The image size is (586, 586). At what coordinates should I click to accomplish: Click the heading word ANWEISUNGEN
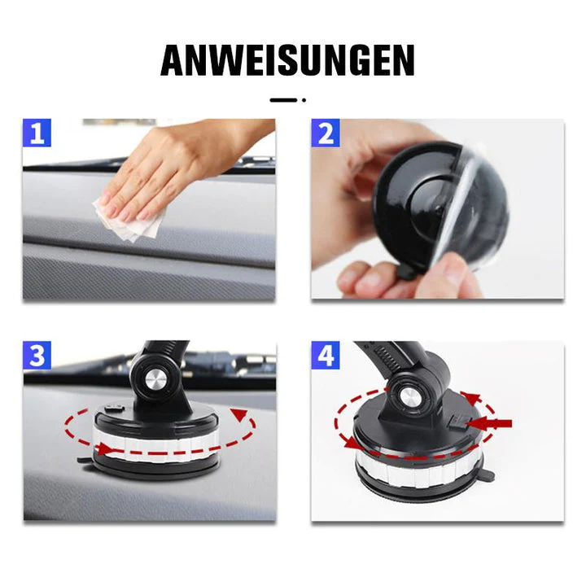(287, 60)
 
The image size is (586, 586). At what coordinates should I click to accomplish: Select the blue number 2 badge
(326, 133)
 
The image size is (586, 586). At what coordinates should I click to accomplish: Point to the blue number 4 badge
(326, 356)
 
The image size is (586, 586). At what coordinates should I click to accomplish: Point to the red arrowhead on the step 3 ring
(240, 416)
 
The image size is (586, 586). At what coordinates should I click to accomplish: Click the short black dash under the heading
(283, 100)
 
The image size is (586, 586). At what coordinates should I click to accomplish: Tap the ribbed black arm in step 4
(395, 357)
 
